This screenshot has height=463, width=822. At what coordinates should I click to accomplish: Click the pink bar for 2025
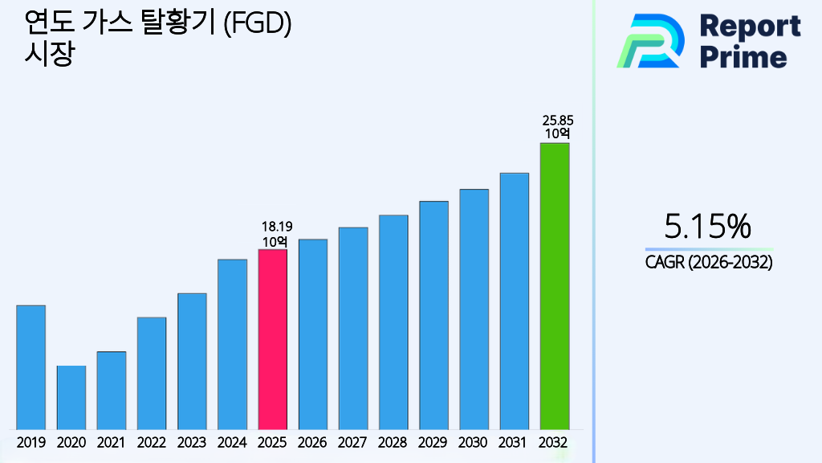point(272,339)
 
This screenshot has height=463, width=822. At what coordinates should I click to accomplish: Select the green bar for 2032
point(554,286)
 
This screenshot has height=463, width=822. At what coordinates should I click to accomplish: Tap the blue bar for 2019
point(31,367)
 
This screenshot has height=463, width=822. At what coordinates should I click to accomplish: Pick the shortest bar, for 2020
point(71,397)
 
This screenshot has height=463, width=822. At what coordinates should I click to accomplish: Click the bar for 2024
point(232,344)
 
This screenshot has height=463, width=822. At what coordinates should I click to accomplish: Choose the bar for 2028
point(393,322)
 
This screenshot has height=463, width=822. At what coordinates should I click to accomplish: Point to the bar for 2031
point(514,301)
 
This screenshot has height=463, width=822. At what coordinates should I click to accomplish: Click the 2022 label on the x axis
point(152,442)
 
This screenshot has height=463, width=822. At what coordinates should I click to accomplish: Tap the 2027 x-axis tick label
point(353,442)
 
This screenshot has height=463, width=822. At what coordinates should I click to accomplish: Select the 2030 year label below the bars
point(474,442)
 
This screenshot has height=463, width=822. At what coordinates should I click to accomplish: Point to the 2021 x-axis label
point(112,442)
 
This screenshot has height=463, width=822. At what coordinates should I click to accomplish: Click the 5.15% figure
point(708,227)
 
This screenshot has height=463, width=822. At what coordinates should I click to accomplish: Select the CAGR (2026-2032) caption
point(709,262)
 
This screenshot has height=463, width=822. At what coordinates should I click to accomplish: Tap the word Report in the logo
point(751,27)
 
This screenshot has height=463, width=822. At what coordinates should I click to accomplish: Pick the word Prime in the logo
point(743,57)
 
